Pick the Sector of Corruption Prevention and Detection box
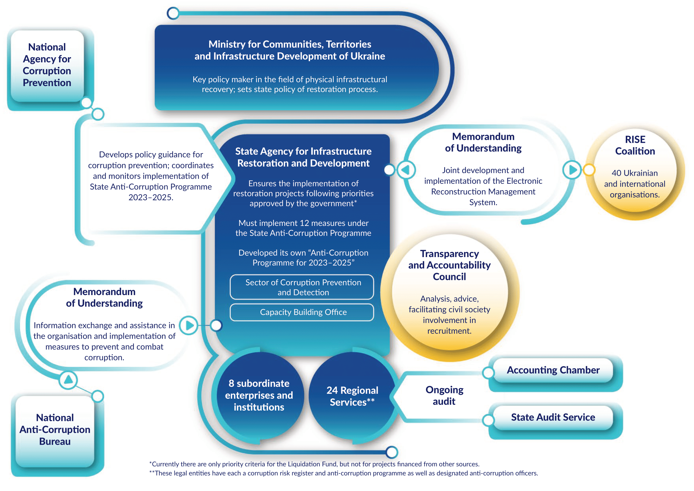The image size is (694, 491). coord(303,287)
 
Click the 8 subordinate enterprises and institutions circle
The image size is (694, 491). coord(259,395)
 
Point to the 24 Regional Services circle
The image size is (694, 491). coord(352,396)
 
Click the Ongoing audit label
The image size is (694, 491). coord(444,395)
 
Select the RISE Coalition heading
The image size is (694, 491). coord(635,145)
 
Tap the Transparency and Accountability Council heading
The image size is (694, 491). coord(449,265)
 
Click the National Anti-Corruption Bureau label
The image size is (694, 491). coord(55,429)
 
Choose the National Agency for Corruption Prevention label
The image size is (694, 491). coord(47,65)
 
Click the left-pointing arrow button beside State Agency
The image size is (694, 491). coord(406,170)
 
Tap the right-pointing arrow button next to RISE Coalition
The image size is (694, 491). coord(572,170)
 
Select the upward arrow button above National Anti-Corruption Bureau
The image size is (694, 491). coord(68,380)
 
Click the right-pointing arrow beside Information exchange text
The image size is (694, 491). coord(189,325)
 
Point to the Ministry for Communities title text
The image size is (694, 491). coord(290,50)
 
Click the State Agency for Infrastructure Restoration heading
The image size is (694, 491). coord(303,157)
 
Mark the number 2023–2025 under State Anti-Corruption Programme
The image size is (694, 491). coord(150,197)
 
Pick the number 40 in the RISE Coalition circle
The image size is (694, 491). coord(617,173)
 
